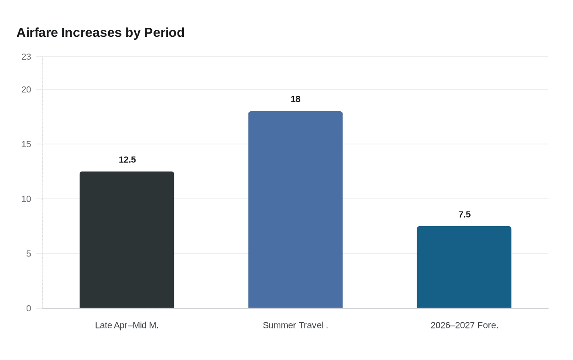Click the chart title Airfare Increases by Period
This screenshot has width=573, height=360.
(100, 33)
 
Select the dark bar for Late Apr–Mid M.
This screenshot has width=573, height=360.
(127, 240)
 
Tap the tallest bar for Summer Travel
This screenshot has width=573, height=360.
(296, 210)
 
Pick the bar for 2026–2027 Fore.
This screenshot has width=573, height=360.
(464, 267)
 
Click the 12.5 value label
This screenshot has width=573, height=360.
(127, 160)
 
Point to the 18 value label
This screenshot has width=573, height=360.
(296, 99)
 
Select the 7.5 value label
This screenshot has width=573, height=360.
(465, 215)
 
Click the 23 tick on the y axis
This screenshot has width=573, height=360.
(26, 57)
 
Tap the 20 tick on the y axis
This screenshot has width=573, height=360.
(26, 90)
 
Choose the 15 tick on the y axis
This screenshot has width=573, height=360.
(26, 144)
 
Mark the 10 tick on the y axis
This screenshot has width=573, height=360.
(26, 199)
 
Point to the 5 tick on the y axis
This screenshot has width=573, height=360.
(29, 254)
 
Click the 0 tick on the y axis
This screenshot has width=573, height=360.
(29, 308)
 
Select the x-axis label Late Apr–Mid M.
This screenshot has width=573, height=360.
(127, 325)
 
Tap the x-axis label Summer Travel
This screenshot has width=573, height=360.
(296, 325)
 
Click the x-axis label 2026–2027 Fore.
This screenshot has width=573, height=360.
(465, 325)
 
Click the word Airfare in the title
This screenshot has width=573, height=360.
(37, 33)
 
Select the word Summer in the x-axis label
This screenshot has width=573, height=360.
(280, 325)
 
